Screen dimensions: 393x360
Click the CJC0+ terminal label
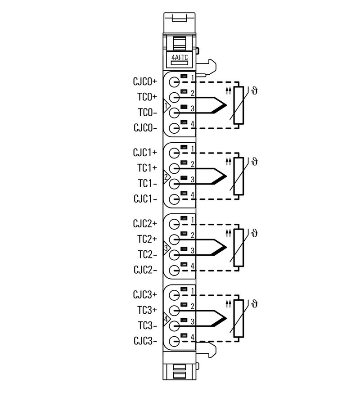pos(145,81)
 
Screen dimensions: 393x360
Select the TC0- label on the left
pos(147,112)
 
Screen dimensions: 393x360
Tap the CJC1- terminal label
pos(145,199)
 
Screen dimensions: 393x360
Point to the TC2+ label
pos(147,239)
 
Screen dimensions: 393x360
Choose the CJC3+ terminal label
pos(145,295)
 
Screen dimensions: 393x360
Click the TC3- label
pos(147,325)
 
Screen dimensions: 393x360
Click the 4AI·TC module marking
pos(180,58)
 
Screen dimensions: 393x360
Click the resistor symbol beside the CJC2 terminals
pos(238,247)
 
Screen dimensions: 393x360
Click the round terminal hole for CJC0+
pos(174,82)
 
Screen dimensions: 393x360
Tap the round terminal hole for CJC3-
pos(174,342)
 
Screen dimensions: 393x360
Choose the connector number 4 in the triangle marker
pos(166,319)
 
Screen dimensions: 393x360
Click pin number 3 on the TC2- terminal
pos(192,250)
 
